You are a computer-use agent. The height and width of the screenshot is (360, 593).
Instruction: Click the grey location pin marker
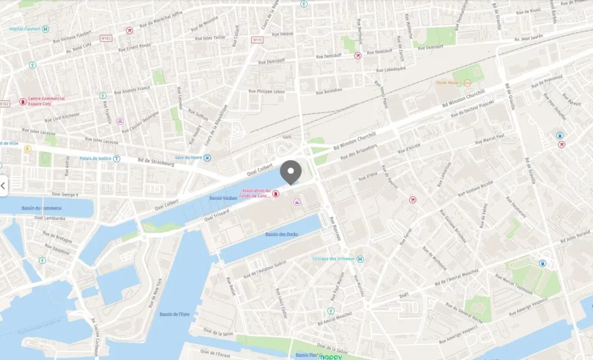[291, 172]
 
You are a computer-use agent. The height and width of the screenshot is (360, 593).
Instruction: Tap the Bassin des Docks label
[282, 234]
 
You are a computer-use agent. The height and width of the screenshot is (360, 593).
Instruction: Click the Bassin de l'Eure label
[175, 314]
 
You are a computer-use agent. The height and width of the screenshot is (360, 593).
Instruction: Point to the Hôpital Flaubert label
[25, 29]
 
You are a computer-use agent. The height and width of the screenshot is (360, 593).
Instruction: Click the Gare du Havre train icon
[207, 158]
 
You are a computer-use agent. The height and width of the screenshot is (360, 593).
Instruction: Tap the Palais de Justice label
[96, 159]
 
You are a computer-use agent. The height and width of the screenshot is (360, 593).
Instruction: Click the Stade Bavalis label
[448, 83]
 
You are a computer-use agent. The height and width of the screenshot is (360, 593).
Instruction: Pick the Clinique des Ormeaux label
[333, 259]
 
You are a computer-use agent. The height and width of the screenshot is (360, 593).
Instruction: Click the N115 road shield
[257, 40]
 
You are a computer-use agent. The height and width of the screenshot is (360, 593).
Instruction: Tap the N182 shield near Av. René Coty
[106, 38]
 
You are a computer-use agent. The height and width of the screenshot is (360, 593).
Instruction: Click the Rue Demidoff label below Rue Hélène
[270, 61]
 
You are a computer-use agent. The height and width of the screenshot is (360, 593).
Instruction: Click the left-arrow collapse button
[3, 186]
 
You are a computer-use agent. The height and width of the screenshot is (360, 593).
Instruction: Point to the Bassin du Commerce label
[41, 208]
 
